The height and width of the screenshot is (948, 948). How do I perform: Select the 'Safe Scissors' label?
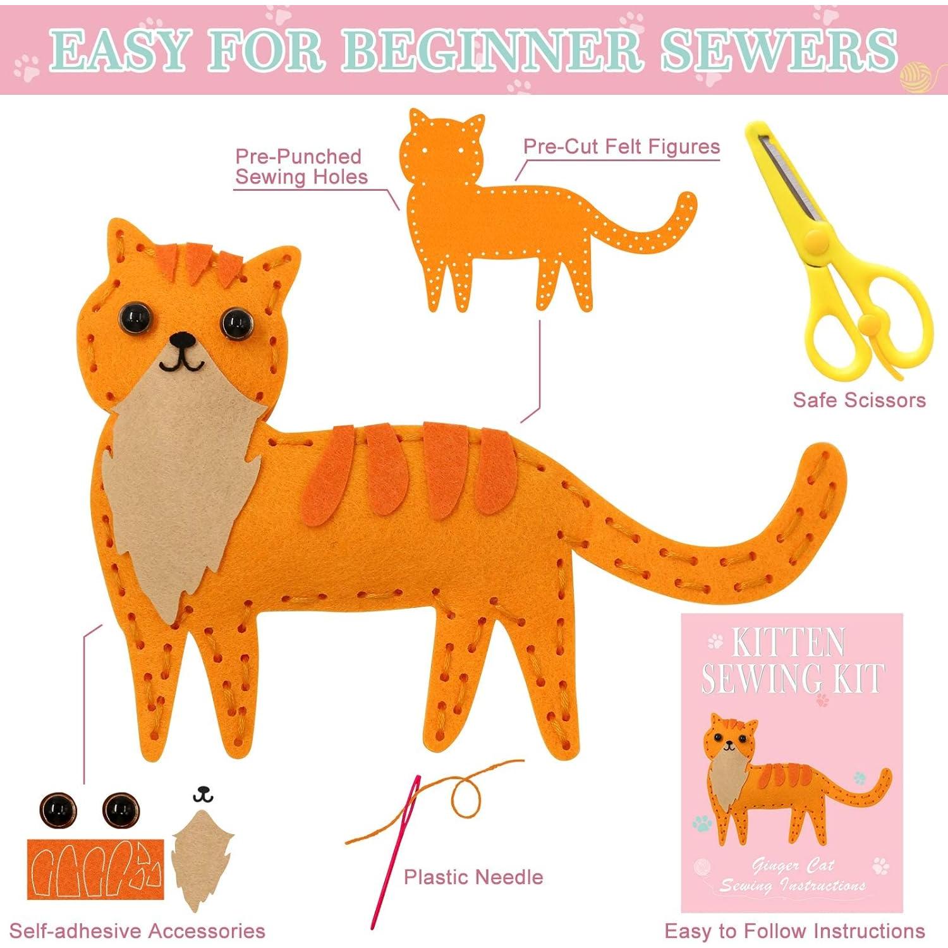coord(859,400)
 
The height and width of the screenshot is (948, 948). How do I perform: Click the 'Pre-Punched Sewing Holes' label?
coord(300,167)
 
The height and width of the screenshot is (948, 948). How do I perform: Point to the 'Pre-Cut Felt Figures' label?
coord(621,147)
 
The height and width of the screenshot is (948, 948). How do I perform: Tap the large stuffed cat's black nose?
coord(183,340)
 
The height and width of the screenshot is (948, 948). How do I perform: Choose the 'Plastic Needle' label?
coord(473,877)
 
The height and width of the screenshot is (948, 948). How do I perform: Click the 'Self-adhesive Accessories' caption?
coord(137,931)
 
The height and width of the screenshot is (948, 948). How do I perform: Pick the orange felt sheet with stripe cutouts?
coord(95,869)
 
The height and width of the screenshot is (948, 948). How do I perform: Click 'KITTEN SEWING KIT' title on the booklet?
coord(791,660)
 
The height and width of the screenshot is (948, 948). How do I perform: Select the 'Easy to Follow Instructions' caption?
coord(794,931)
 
